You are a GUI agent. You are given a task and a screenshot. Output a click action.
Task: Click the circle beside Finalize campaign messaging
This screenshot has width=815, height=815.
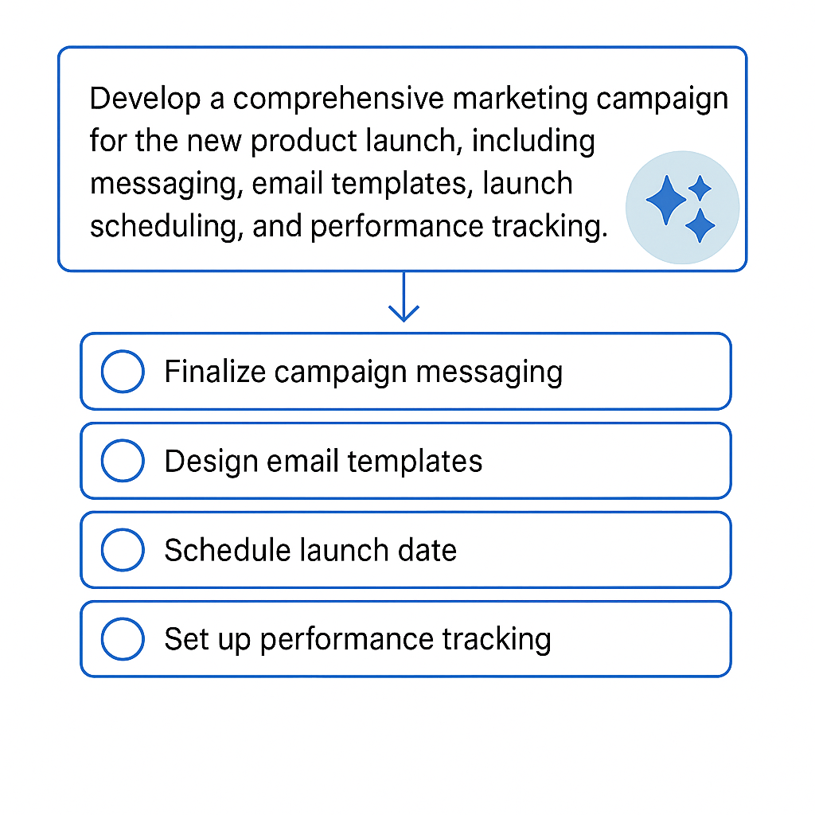pos(123,372)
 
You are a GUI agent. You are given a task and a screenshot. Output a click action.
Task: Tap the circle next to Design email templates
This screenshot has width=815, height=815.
pos(123,461)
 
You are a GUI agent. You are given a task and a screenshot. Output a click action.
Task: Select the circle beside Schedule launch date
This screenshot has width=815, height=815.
pos(123,550)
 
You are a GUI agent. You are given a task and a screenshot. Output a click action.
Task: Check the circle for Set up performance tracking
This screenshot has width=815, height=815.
pos(123,639)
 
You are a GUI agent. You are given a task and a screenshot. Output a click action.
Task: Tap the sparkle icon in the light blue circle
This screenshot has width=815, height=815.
pos(682,208)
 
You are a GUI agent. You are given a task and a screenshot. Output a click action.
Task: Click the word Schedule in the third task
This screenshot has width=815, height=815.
pos(219,550)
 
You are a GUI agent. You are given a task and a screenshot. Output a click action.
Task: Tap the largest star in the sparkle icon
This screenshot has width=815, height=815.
pos(665,201)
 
